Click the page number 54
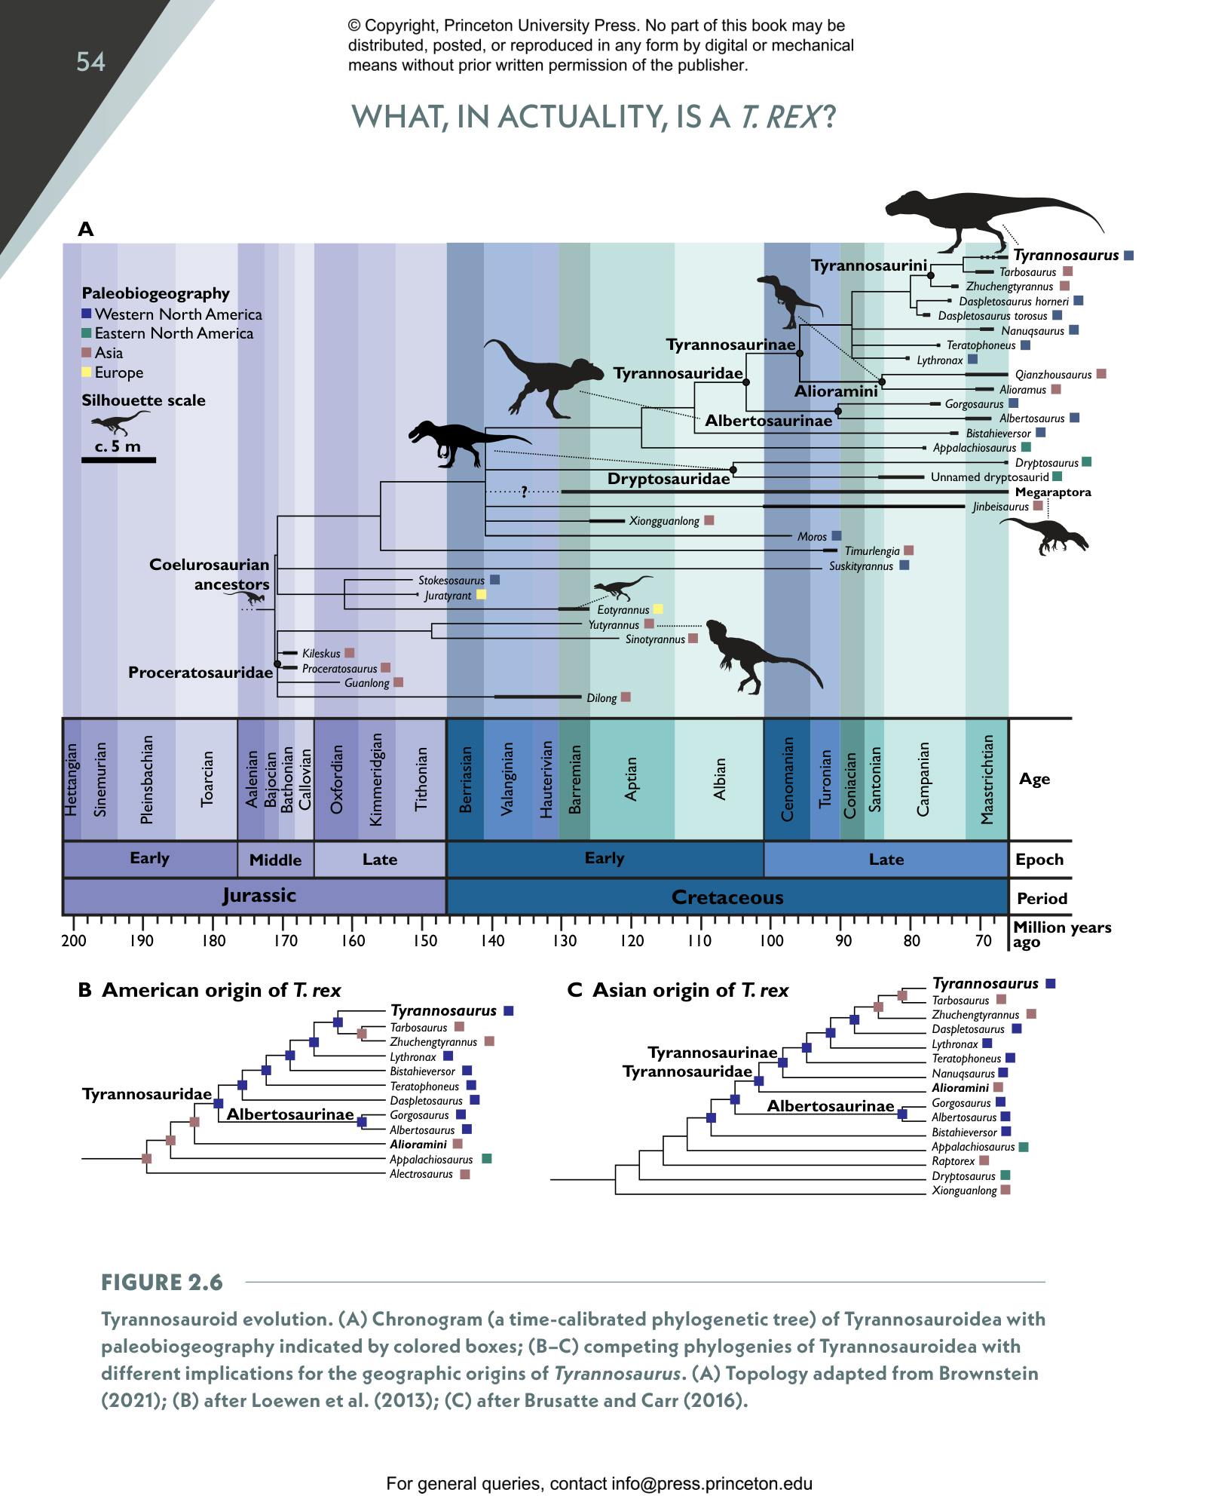point(90,62)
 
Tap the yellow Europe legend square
point(87,372)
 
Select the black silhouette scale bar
point(118,459)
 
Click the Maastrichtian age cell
point(987,780)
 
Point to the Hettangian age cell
point(72,780)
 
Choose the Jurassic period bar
point(259,896)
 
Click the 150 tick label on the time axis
point(425,940)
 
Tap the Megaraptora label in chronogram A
point(1052,492)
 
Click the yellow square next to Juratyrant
point(482,595)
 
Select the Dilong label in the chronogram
point(601,698)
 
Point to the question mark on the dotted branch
point(524,492)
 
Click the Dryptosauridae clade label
point(669,479)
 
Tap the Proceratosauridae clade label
point(200,673)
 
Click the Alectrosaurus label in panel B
point(421,1174)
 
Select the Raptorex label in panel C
point(953,1161)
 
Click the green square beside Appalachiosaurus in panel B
point(487,1159)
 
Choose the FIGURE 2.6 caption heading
point(162,1283)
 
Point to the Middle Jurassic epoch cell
point(275,860)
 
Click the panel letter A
point(86,229)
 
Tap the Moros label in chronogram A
point(812,537)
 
